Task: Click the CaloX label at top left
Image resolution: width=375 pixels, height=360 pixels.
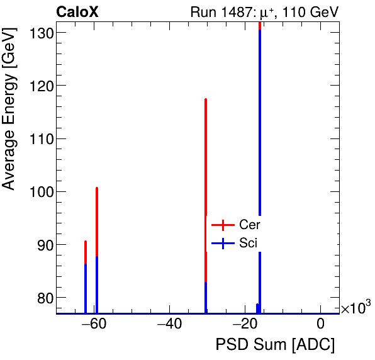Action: (x=77, y=12)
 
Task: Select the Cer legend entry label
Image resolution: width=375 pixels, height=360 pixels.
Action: (x=250, y=225)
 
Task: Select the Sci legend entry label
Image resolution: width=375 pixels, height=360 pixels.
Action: (x=249, y=243)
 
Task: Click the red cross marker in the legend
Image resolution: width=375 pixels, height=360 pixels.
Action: (x=223, y=225)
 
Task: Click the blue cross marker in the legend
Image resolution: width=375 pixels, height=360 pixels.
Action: (x=223, y=243)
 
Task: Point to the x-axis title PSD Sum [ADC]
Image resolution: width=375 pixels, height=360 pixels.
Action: (x=275, y=345)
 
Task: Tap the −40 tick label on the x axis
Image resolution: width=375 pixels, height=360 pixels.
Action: (x=169, y=324)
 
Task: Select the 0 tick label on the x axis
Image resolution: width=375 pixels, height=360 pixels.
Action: (x=321, y=324)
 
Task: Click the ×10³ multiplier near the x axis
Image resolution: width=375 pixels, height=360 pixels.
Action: (x=355, y=308)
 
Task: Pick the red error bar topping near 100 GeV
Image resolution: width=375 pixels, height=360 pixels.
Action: (x=97, y=220)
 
